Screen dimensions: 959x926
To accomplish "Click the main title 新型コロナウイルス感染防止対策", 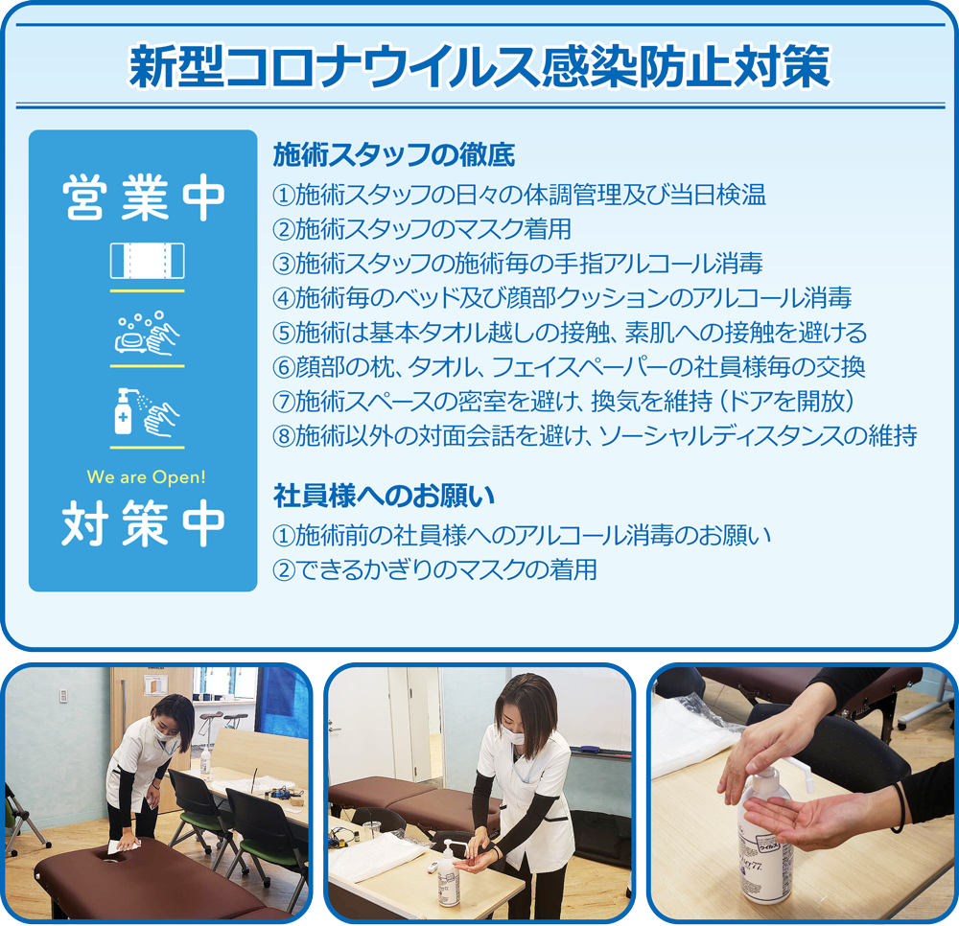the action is click(x=479, y=66).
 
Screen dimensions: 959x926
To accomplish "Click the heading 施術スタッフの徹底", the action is click(x=394, y=154).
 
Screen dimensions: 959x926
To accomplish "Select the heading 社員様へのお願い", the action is click(x=384, y=496).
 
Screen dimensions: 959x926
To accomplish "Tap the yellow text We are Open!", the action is click(x=146, y=476).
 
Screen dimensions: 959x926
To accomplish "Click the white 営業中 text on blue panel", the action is click(x=144, y=197).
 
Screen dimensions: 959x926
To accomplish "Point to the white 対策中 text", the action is click(x=144, y=523).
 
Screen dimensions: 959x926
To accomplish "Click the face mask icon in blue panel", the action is click(x=148, y=261).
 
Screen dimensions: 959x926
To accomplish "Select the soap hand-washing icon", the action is click(x=148, y=334).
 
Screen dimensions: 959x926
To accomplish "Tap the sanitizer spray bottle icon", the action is click(x=147, y=412).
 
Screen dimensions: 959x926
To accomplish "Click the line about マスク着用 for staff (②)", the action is click(x=422, y=229).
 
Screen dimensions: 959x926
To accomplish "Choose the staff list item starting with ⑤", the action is click(x=570, y=333).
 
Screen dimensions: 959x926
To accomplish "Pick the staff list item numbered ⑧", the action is click(x=595, y=436).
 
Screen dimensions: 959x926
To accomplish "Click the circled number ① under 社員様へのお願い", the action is click(x=283, y=536).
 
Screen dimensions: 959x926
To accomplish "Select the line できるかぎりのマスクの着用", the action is click(x=446, y=569).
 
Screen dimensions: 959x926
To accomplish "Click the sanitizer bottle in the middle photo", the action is click(x=449, y=874).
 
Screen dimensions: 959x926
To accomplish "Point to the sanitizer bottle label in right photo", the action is click(x=765, y=861).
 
